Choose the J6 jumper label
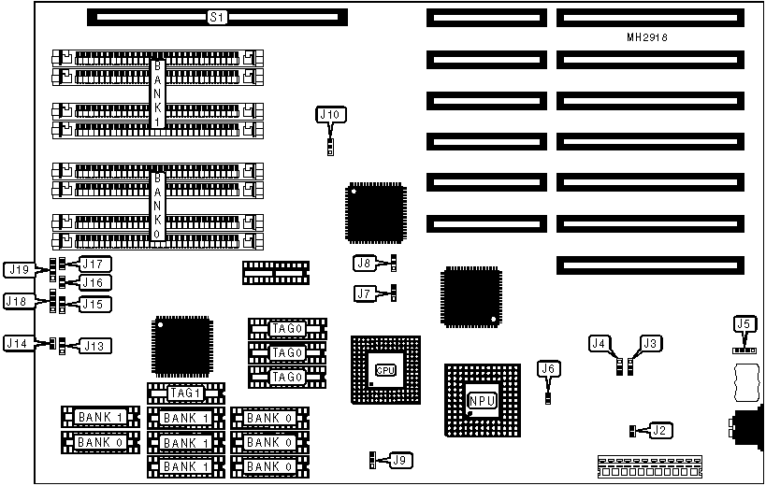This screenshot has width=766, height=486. (549, 369)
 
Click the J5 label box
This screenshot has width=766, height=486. (744, 325)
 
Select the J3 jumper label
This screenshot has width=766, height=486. (650, 343)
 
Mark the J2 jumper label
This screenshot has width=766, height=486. (659, 431)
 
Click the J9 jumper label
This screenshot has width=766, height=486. (399, 460)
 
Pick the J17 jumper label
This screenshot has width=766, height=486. (95, 264)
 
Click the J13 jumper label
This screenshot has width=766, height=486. (95, 346)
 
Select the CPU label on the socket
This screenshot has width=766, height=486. (385, 370)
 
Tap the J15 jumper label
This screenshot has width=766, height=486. (95, 304)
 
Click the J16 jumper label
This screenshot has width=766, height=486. (95, 282)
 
